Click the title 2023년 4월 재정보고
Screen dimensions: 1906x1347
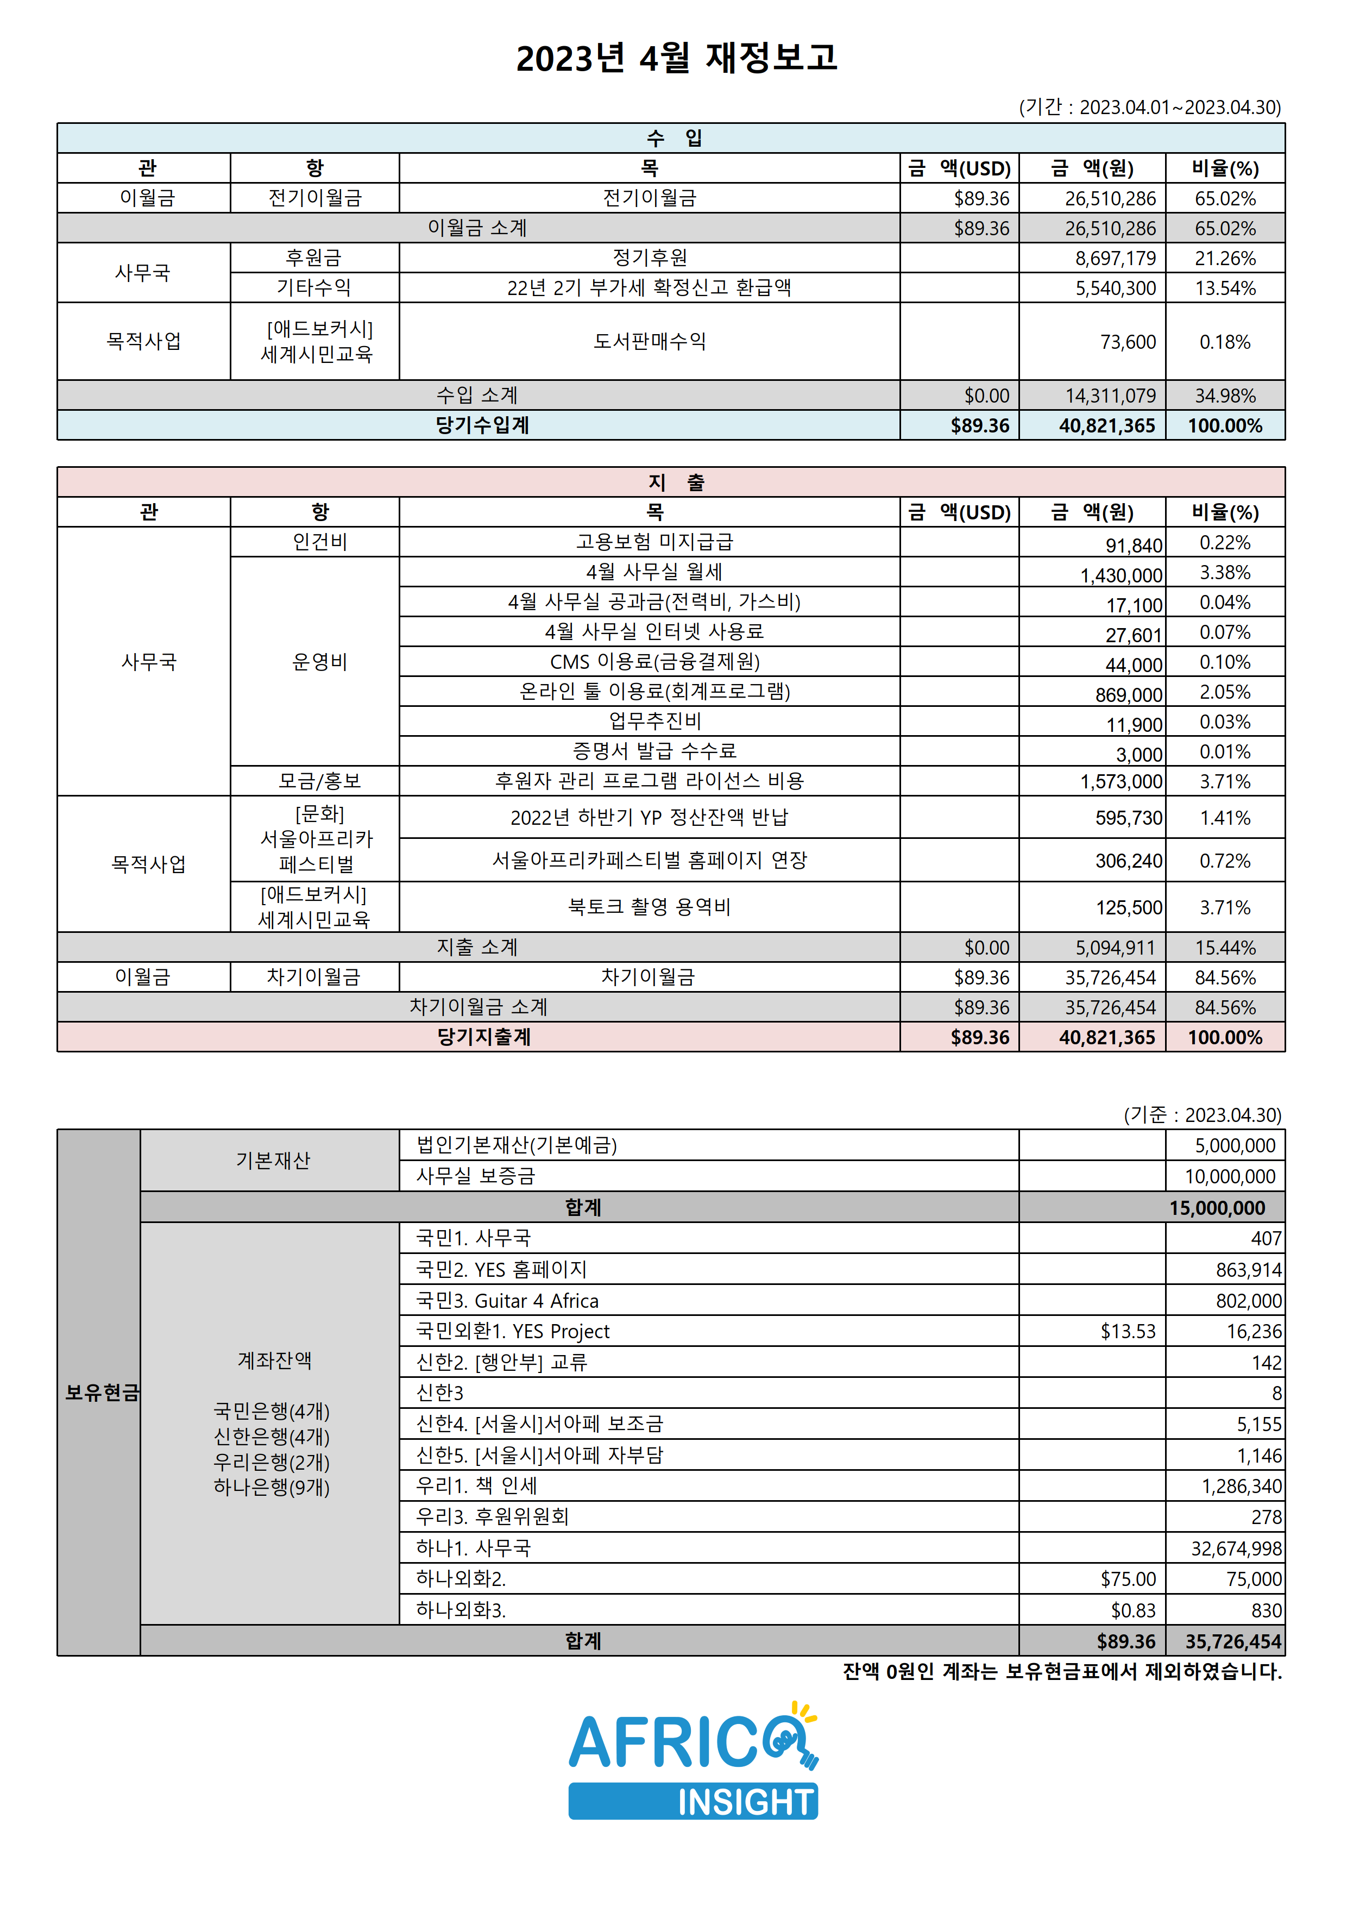676,58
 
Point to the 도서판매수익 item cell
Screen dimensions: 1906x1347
649,341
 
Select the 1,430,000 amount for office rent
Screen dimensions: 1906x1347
1121,575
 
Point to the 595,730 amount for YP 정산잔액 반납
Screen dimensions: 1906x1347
1128,818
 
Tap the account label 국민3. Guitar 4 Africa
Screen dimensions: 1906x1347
507,1301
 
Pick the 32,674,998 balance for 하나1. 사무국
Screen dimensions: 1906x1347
1236,1548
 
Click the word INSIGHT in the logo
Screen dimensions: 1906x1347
745,1802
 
